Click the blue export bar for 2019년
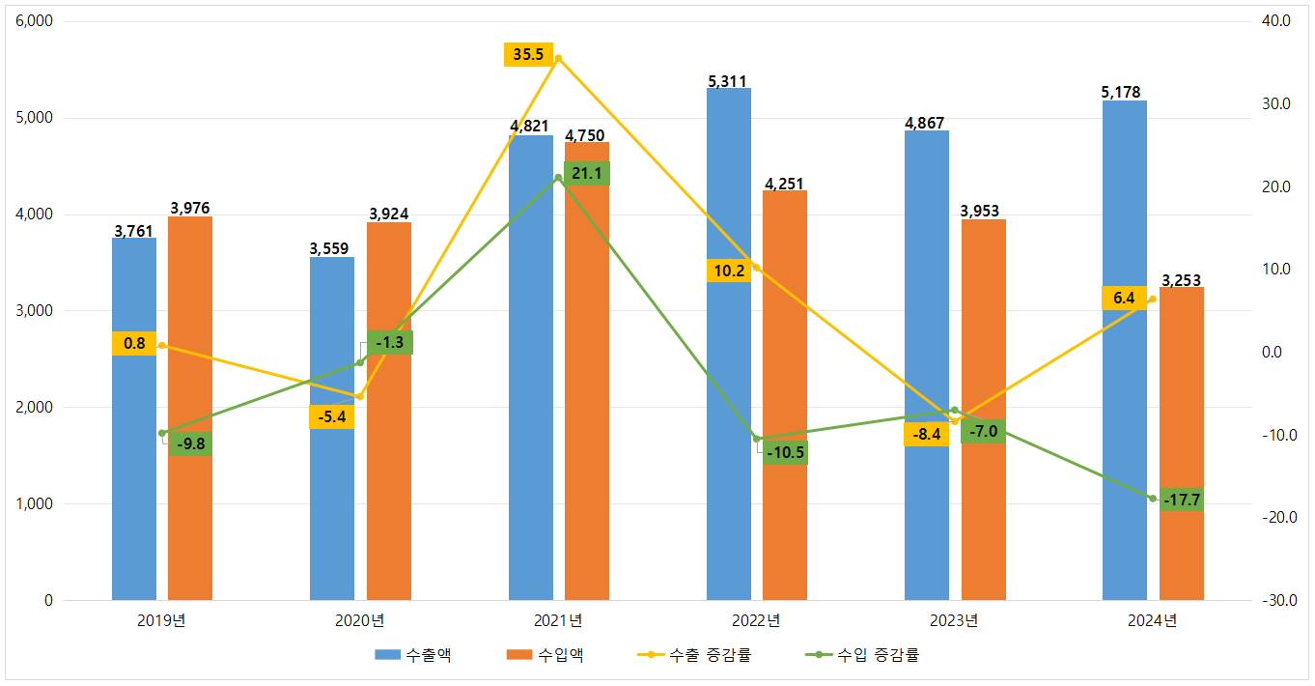[x=134, y=464]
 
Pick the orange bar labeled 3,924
[x=389, y=483]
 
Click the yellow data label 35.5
[x=528, y=55]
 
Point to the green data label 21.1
[x=587, y=174]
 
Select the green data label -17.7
[x=1182, y=500]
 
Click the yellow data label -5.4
[x=331, y=417]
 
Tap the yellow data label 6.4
[x=1124, y=299]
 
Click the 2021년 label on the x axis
[x=558, y=620]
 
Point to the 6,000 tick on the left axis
[x=34, y=21]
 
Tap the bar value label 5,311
[x=728, y=81]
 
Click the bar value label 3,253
[x=1181, y=281]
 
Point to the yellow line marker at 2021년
[x=558, y=58]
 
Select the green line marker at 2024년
[x=1152, y=499]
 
